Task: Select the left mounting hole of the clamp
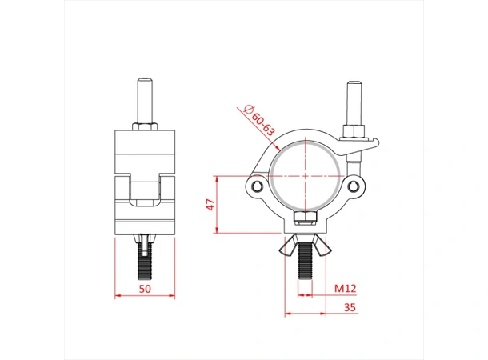[257, 186]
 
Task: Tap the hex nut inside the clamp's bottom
[305, 219]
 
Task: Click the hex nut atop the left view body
[146, 129]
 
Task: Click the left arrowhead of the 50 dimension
[118, 296]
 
